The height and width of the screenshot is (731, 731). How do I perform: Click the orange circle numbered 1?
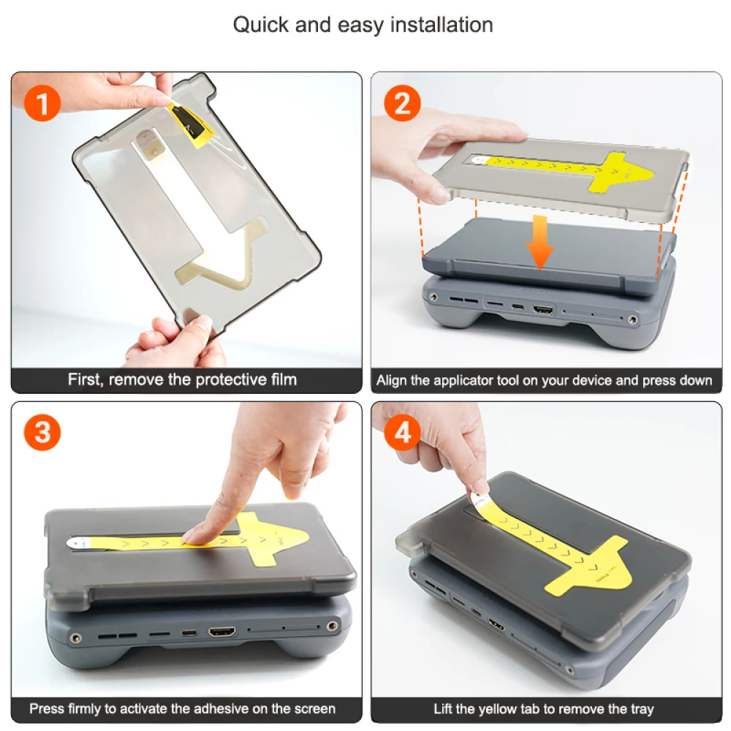42,103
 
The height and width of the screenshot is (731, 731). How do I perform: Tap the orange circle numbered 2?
402,103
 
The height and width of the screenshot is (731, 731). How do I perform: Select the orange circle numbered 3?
42,432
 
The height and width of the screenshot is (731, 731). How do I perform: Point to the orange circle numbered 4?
402,432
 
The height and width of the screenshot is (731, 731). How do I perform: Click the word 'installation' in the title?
441,25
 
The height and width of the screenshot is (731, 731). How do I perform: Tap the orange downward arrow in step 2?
540,242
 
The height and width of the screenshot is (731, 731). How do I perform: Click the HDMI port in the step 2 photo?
543,309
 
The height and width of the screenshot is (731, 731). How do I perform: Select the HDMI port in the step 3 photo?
222,632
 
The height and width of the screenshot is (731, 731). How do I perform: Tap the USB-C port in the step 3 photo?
189,632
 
